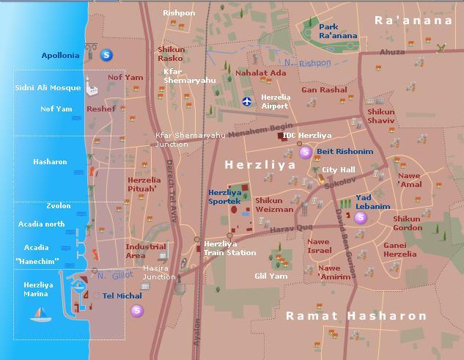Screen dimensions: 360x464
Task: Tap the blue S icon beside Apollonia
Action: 107,54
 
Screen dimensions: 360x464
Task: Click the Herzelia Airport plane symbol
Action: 247,101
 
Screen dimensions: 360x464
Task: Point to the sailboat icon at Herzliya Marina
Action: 39,314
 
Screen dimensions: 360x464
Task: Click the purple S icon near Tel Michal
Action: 137,311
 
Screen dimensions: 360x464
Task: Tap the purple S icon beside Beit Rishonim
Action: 306,152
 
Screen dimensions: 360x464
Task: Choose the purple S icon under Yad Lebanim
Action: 360,218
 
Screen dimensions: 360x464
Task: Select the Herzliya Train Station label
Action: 229,248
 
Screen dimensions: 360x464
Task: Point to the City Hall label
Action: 338,170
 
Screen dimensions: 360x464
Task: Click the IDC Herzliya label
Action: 307,136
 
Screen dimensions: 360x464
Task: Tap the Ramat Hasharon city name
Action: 356,316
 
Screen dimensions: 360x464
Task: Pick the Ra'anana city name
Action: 413,21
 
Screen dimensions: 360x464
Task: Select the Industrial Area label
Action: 144,251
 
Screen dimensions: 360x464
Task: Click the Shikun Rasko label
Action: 172,54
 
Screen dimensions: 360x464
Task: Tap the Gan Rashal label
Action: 324,90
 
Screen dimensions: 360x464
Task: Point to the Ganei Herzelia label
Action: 400,250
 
